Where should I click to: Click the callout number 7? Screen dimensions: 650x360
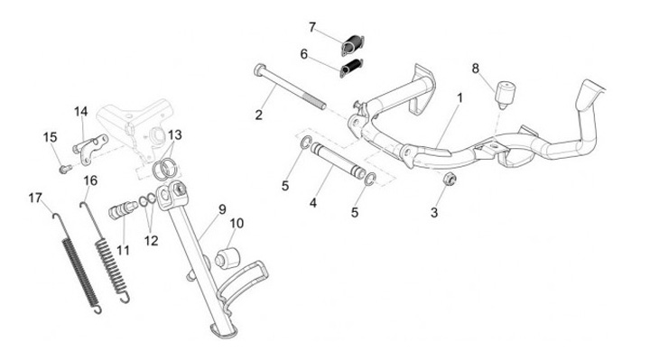[x=312, y=27]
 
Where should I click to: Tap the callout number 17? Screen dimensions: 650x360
[x=35, y=198]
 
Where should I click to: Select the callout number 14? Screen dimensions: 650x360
[x=81, y=112]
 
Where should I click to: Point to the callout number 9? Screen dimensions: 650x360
[x=222, y=209]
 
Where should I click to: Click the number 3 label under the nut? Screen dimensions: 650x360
[x=434, y=213]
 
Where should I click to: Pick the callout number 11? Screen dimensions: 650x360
[x=123, y=250]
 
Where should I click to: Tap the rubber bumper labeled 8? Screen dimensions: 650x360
[x=506, y=94]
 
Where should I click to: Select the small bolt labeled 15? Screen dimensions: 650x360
[x=66, y=169]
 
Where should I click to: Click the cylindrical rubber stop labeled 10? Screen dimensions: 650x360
[x=227, y=258]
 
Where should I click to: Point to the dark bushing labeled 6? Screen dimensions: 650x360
[x=351, y=69]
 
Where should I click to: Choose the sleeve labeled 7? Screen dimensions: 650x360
[x=353, y=46]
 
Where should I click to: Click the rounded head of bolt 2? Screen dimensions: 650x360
[x=259, y=69]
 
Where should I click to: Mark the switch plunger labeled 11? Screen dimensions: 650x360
[x=123, y=209]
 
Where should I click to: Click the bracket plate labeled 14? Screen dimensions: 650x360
[x=90, y=149]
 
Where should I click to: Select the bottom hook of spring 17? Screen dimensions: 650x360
[x=97, y=309]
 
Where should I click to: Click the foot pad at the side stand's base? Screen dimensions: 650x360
[x=224, y=330]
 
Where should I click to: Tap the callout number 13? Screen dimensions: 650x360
[x=174, y=135]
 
